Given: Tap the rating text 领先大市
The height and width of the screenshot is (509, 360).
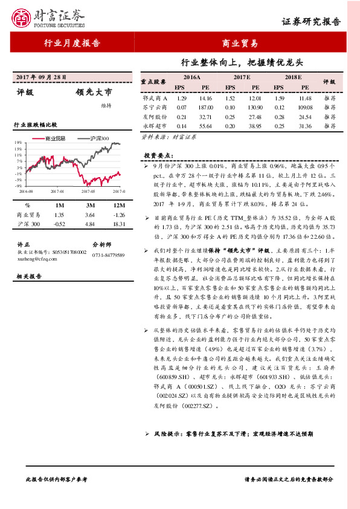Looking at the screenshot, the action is point(94,92).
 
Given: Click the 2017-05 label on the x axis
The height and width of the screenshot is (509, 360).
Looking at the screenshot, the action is point(89,191).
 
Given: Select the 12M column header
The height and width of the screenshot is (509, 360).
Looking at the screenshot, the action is point(119,205).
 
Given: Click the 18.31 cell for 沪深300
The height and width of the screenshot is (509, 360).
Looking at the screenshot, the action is point(119,224).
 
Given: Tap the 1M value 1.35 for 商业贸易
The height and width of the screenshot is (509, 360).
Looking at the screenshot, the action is point(59,215).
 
